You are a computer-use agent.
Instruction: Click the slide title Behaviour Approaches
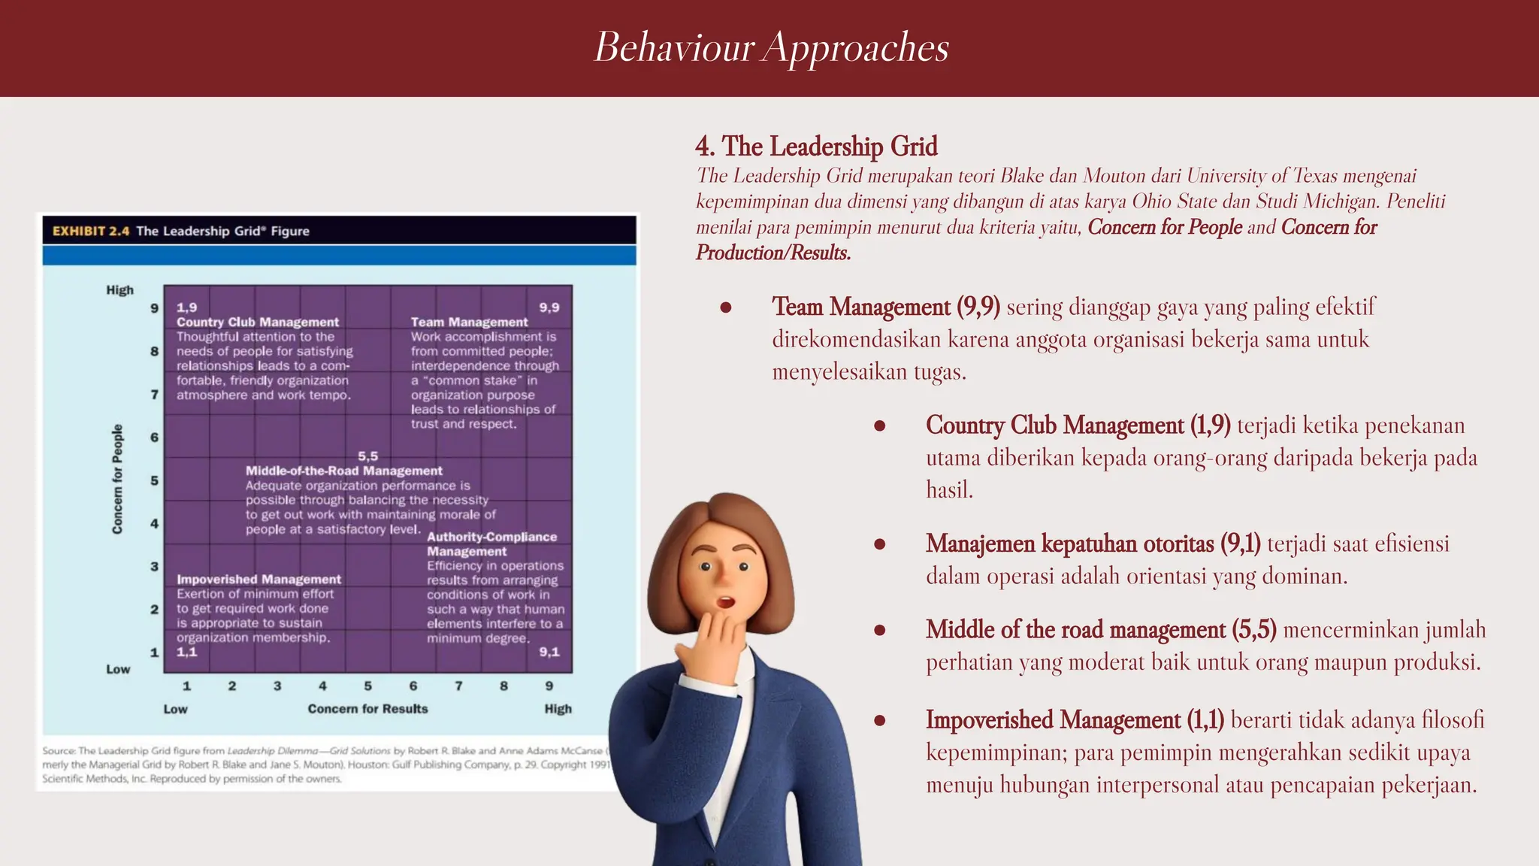772,47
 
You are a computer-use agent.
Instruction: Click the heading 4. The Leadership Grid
816,146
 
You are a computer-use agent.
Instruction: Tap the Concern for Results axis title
367,708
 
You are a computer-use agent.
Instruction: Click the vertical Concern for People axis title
117,479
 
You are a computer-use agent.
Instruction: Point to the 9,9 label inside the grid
549,307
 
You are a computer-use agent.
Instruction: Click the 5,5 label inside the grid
367,456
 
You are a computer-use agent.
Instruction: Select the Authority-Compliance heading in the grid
491,537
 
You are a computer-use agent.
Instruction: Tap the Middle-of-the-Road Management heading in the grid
343,471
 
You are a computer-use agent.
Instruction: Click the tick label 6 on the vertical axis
154,437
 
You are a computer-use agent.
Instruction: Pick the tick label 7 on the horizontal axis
458,686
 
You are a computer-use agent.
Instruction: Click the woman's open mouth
725,601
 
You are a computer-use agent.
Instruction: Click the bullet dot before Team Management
726,307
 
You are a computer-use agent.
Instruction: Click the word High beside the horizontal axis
558,708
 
